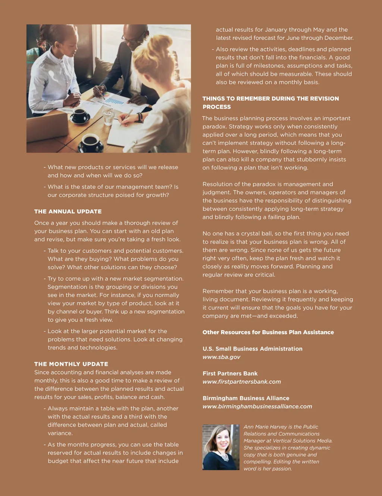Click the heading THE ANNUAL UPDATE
(68, 211)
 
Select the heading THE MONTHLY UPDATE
(71, 364)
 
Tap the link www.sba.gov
(221, 357)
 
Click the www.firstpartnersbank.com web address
(241, 382)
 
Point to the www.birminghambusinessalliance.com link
(257, 406)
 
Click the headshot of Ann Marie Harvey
(221, 447)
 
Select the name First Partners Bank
(230, 373)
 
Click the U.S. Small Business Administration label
(252, 349)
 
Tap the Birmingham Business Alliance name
(246, 398)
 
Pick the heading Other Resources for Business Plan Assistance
(268, 332)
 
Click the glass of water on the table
(109, 117)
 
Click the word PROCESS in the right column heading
(217, 107)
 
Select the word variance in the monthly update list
(60, 433)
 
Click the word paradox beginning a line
(214, 126)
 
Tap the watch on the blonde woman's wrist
(140, 117)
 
